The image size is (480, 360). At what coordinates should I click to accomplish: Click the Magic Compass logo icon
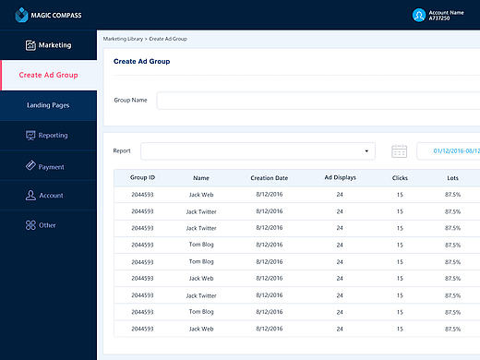pyautogui.click(x=21, y=15)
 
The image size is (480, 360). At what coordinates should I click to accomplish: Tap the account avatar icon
pyautogui.click(x=419, y=15)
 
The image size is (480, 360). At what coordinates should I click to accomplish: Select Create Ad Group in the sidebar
pyautogui.click(x=48, y=75)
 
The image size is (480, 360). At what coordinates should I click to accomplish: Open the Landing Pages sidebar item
pyautogui.click(x=48, y=105)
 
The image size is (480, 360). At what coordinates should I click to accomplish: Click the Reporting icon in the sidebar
pyautogui.click(x=30, y=135)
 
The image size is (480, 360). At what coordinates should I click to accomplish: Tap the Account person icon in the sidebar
pyautogui.click(x=30, y=195)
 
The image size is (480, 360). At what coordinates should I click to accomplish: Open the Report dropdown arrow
pyautogui.click(x=366, y=151)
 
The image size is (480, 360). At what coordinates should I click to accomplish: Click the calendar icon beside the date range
pyautogui.click(x=399, y=151)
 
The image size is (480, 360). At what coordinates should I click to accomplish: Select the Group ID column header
pyautogui.click(x=142, y=177)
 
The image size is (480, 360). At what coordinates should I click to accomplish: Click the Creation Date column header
pyautogui.click(x=270, y=178)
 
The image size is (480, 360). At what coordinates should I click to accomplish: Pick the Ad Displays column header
pyautogui.click(x=340, y=177)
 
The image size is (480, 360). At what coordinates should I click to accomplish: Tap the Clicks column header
pyautogui.click(x=400, y=178)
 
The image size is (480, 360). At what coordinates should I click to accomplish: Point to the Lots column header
pyautogui.click(x=452, y=178)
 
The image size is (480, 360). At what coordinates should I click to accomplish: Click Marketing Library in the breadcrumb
pyautogui.click(x=123, y=39)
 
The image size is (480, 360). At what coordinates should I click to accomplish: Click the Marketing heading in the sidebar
pyautogui.click(x=54, y=45)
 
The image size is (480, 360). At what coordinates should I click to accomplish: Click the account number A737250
pyautogui.click(x=439, y=18)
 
